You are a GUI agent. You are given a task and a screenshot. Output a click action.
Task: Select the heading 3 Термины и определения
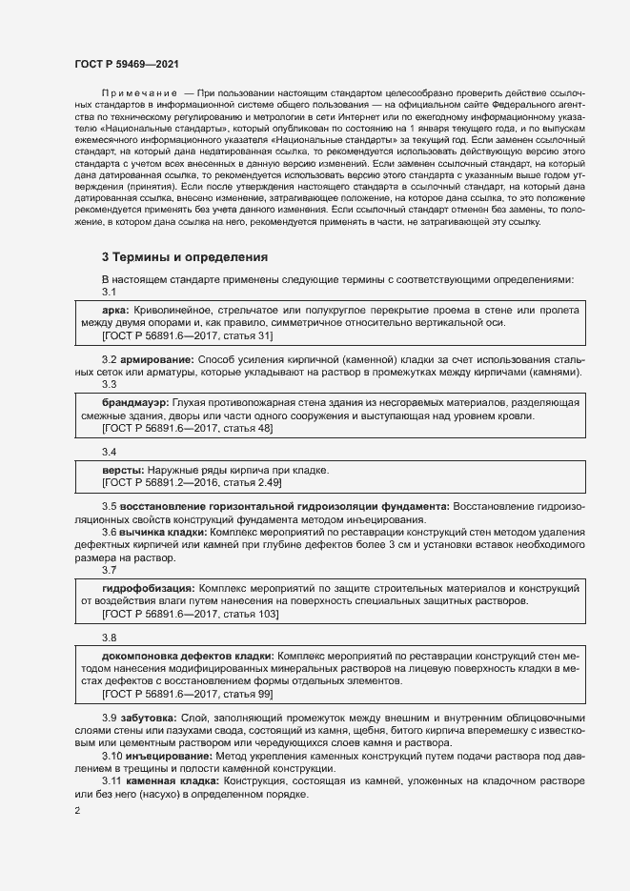pos(185,257)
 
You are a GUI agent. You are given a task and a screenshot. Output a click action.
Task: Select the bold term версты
pos(122,471)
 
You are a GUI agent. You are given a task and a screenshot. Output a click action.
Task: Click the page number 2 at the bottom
pos(77,811)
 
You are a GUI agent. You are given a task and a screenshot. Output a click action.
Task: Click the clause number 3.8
pos(109,638)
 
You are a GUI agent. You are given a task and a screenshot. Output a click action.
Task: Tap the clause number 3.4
pos(109,451)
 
